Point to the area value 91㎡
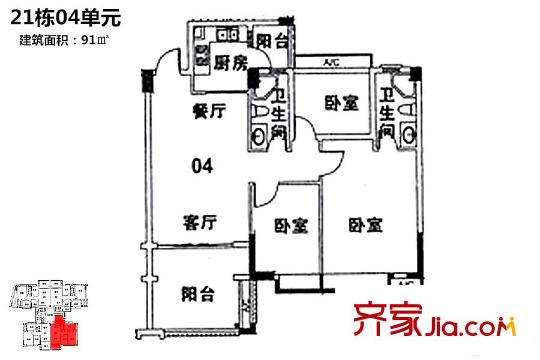tap(96, 40)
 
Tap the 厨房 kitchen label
tap(231, 61)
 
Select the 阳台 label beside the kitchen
tap(271, 41)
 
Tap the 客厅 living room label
tap(201, 221)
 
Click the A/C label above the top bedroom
tap(331, 65)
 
